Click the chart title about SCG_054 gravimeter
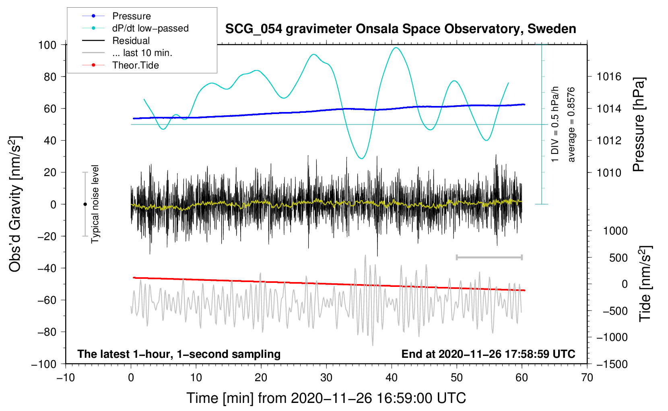pos(400,29)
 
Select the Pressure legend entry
pos(131,16)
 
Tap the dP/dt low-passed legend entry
pos(150,28)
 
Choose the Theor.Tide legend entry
pos(135,65)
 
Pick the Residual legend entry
pos(131,41)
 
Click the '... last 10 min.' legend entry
pos(142,53)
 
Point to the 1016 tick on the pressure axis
pos(609,77)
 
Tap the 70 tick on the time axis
pos(587,378)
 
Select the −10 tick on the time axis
pos(66,378)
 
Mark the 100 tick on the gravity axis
pos(47,45)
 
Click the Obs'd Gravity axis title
pos(15,204)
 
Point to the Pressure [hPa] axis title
pos(639,125)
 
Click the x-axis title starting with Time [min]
pos(326,398)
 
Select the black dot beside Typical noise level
pos(85,204)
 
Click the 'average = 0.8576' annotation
pos(571,125)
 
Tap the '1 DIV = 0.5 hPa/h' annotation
pos(555,125)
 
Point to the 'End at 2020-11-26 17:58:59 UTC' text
pos(488,354)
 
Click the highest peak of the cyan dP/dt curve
pos(396,48)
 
